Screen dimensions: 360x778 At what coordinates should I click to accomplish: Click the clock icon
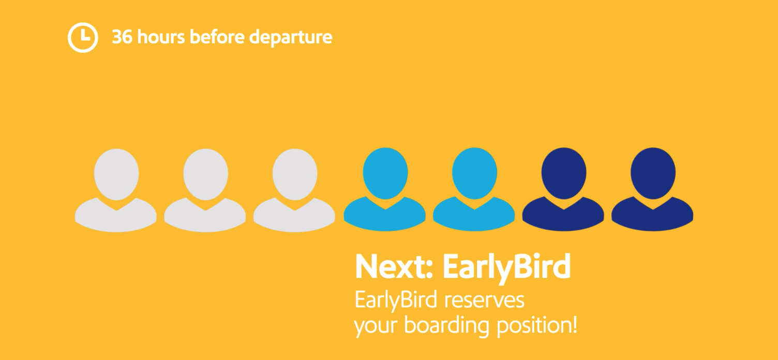coord(83,37)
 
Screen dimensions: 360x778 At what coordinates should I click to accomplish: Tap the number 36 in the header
coord(123,37)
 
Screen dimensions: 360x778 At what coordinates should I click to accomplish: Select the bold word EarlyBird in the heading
coord(506,267)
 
